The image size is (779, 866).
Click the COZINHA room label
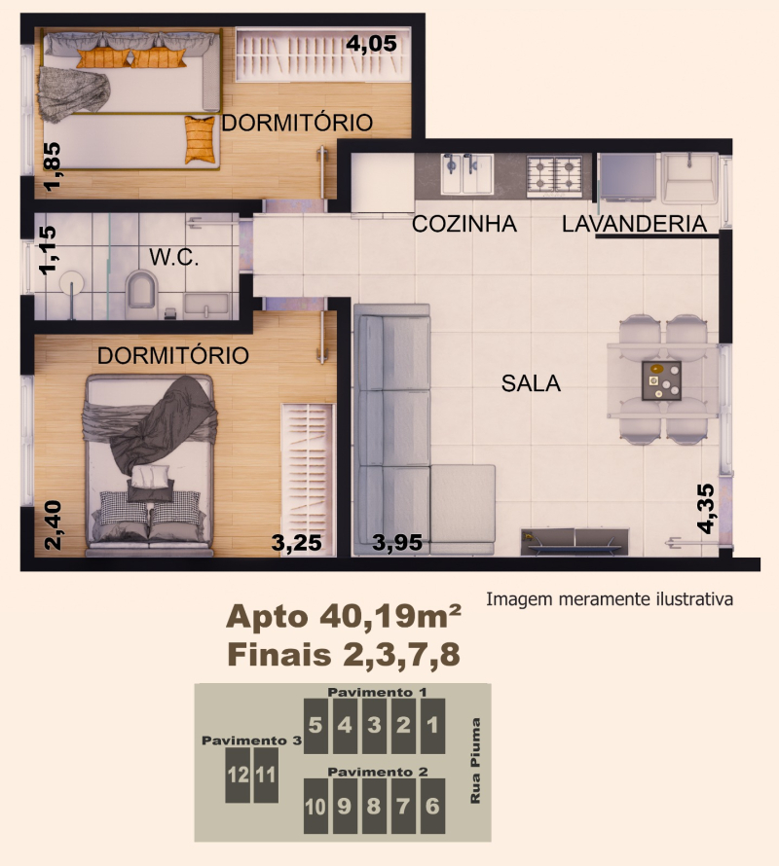pyautogui.click(x=463, y=224)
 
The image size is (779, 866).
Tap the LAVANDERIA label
pyautogui.click(x=634, y=224)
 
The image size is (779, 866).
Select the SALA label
pyautogui.click(x=531, y=383)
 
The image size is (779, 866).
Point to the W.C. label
pyautogui.click(x=174, y=258)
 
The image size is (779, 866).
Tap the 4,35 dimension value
pyautogui.click(x=707, y=508)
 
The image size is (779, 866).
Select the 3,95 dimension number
pyautogui.click(x=397, y=543)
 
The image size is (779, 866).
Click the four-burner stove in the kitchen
pyautogui.click(x=554, y=174)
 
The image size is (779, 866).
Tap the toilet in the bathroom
pyautogui.click(x=142, y=289)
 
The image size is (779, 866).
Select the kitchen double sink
pyautogui.click(x=465, y=174)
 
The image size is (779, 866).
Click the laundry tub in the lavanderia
pyautogui.click(x=690, y=180)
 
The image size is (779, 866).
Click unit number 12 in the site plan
pyautogui.click(x=238, y=776)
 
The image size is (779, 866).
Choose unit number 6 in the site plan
pyautogui.click(x=433, y=807)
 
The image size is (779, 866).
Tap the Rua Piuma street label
pyautogui.click(x=476, y=761)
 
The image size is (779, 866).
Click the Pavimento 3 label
pyautogui.click(x=252, y=740)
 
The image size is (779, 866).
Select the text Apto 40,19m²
pyautogui.click(x=343, y=616)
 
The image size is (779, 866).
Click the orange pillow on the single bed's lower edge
pyautogui.click(x=200, y=139)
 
